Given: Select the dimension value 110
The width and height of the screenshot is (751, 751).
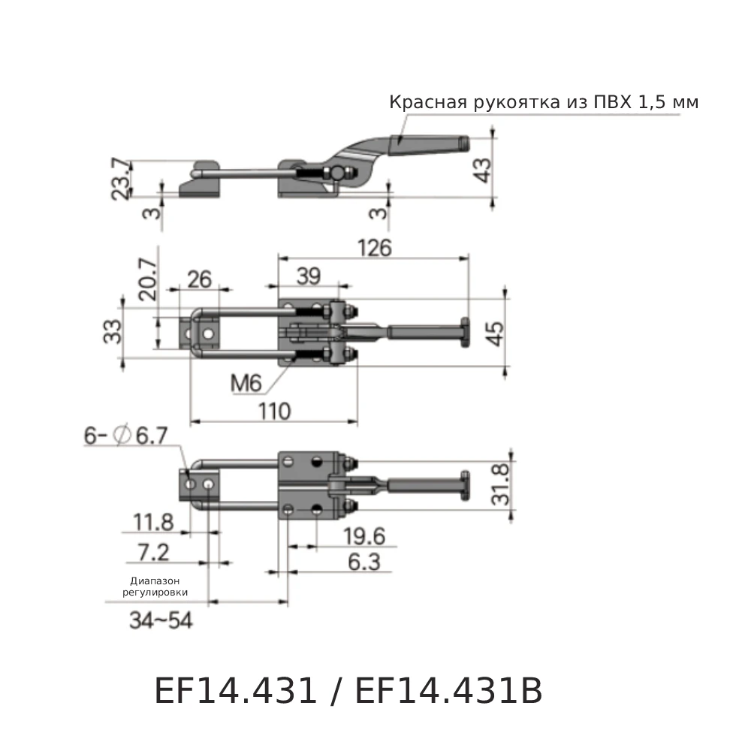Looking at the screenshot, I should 274,412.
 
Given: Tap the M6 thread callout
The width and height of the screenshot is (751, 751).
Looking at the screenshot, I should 246,384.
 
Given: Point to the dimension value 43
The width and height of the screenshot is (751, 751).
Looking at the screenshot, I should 484,170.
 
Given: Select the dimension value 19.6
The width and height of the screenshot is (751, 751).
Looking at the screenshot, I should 363,535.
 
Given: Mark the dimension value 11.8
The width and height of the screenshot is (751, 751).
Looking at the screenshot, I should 152,521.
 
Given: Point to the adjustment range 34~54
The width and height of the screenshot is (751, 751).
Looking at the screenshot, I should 161,621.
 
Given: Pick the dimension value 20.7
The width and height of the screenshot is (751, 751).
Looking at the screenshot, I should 146,279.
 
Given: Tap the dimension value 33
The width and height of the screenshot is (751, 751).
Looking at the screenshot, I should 111,331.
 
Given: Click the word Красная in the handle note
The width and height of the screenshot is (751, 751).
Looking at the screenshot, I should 426,102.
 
